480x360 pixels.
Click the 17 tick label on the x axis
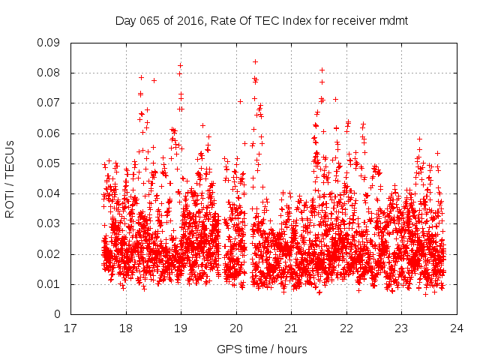click(70, 328)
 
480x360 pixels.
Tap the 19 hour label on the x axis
click(181, 328)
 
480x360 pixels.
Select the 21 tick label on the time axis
click(291, 328)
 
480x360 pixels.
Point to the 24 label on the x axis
click(457, 328)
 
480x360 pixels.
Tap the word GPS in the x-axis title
click(227, 349)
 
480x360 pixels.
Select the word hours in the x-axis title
click(294, 349)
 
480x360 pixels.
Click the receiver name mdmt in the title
click(394, 20)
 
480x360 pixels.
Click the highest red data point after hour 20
click(255, 61)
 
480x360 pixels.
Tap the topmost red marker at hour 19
click(180, 65)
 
